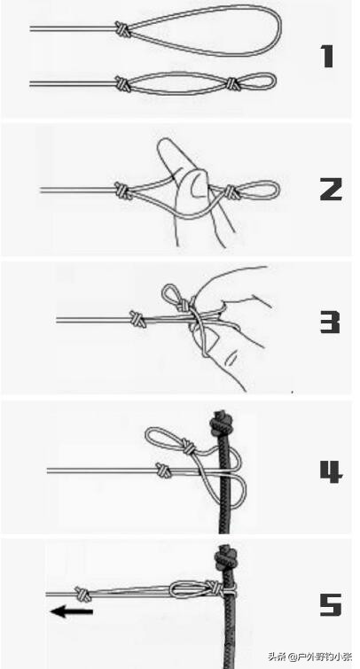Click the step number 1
click(327, 57)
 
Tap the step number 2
click(331, 189)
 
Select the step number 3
click(330, 323)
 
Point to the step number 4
click(331, 471)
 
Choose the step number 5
click(331, 604)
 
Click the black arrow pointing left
click(71, 611)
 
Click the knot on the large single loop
click(122, 29)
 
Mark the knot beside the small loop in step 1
click(232, 83)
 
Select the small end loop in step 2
click(260, 191)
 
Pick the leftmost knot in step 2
click(122, 191)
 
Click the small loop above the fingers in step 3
click(172, 293)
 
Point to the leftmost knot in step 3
click(138, 319)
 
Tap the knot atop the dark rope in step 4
click(221, 422)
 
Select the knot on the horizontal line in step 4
click(163, 470)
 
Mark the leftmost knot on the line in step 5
click(82, 594)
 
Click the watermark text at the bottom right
click(309, 656)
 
